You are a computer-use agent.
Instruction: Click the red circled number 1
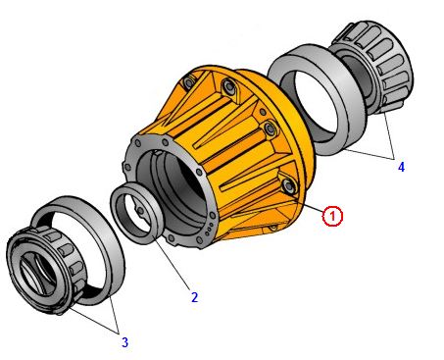coord(332,216)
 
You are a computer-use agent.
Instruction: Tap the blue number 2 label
coord(195,297)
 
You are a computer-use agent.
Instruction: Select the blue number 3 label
coord(124,342)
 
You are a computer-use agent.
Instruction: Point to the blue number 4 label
coord(401,167)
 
